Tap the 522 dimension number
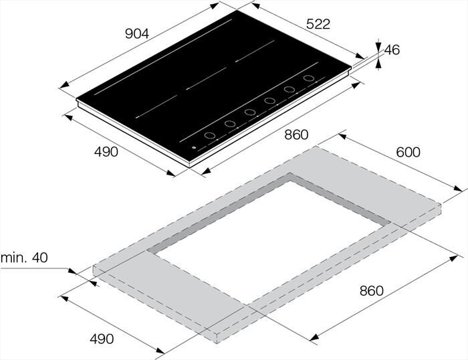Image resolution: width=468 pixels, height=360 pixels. [318, 24]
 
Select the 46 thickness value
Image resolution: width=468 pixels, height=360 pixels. [392, 50]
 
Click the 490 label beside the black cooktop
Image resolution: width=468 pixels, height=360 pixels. [106, 152]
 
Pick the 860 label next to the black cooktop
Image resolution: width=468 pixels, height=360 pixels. [296, 135]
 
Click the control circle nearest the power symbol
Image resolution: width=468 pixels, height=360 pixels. [209, 136]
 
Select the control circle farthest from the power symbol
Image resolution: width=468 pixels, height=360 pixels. [309, 78]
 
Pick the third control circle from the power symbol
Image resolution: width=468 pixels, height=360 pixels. [250, 112]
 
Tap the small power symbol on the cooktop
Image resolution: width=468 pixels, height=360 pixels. [193, 149]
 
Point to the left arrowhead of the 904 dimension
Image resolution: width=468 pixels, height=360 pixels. [62, 86]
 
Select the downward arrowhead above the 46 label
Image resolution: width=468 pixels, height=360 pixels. [378, 45]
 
